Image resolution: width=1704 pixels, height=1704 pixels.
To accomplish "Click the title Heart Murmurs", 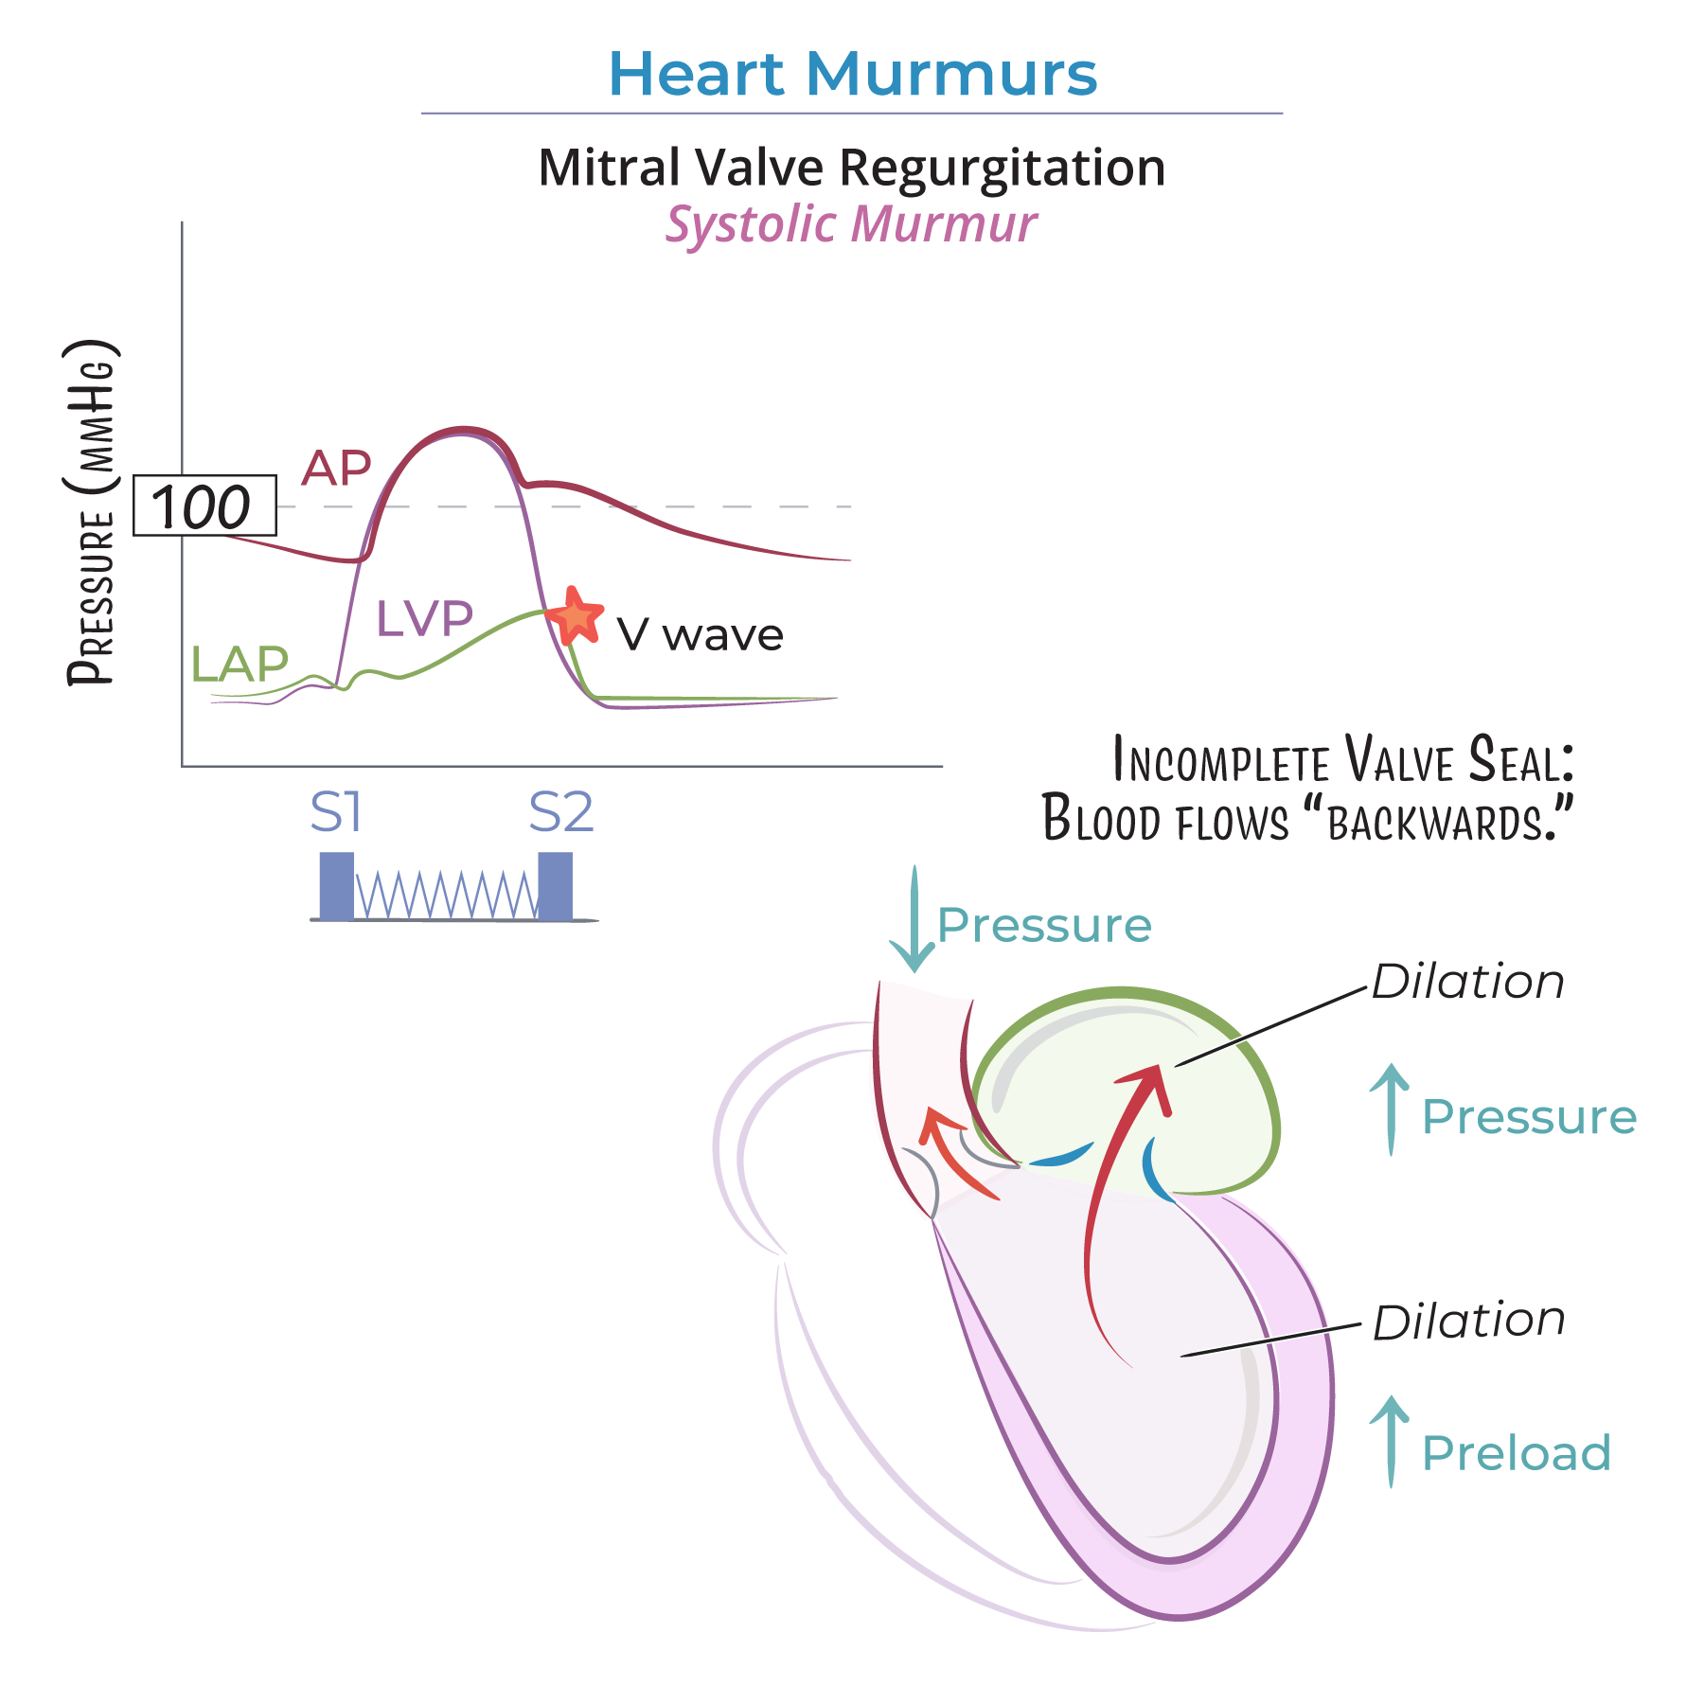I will [x=852, y=74].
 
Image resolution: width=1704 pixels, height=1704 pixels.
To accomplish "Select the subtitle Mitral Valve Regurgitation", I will [x=852, y=168].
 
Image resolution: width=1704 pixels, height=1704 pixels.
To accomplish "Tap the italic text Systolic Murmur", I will [x=851, y=224].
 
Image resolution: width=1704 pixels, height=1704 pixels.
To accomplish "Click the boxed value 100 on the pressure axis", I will [x=204, y=506].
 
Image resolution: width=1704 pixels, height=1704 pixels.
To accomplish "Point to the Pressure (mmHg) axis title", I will [x=92, y=511].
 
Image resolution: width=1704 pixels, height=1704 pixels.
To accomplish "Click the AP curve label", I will [x=336, y=468].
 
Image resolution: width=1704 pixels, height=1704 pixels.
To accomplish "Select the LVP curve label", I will [x=424, y=618].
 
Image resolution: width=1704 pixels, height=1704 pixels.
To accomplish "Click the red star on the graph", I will [x=575, y=616].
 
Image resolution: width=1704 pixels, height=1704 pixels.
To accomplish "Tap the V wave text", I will [x=700, y=634].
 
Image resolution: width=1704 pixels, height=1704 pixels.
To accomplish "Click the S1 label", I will [x=336, y=812].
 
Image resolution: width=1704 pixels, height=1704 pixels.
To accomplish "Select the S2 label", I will [x=560, y=812].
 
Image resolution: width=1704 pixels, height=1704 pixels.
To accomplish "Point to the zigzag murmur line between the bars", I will [x=446, y=895].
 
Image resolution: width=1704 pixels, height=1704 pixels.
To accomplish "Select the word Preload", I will [x=1516, y=1453].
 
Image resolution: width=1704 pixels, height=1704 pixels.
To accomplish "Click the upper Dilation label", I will [x=1467, y=982].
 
